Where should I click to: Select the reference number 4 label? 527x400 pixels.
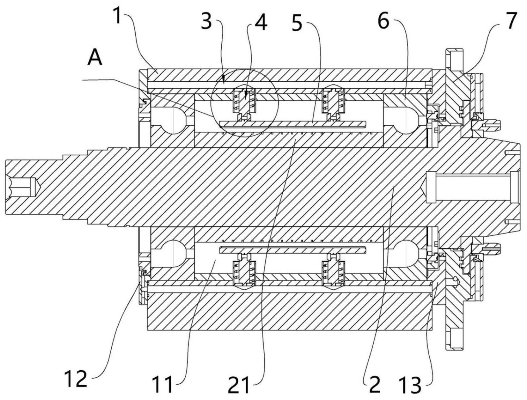pyautogui.click(x=261, y=22)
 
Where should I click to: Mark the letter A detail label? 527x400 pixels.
pyautogui.click(x=95, y=58)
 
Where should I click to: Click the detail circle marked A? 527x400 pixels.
pyautogui.click(x=244, y=103)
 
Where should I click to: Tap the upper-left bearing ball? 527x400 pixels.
pyautogui.click(x=173, y=120)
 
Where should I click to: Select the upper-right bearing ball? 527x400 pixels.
pyautogui.click(x=405, y=120)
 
